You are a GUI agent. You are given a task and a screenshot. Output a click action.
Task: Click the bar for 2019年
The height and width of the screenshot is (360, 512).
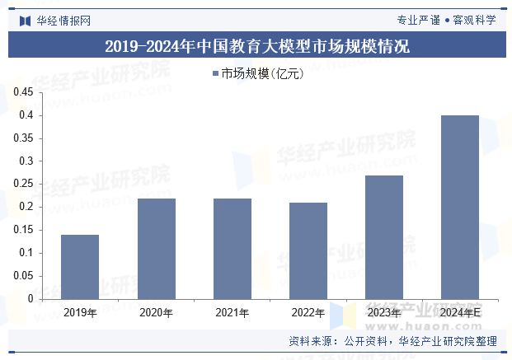click(80, 267)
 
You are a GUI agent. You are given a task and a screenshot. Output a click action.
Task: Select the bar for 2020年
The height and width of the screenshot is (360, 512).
click(156, 249)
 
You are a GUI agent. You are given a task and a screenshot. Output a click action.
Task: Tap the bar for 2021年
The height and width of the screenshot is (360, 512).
click(232, 249)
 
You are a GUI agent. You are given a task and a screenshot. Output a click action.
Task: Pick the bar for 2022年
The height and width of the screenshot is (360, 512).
click(308, 251)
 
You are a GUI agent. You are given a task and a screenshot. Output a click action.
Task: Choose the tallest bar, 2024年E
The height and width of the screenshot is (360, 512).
click(460, 207)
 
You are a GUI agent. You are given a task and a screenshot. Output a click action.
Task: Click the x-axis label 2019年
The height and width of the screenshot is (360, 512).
click(80, 313)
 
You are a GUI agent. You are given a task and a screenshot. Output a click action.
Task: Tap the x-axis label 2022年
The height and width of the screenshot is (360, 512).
click(308, 313)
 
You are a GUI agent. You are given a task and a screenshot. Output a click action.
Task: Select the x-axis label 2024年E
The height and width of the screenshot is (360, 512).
click(460, 313)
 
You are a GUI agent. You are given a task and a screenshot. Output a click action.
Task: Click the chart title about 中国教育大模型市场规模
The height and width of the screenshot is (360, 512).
click(256, 45)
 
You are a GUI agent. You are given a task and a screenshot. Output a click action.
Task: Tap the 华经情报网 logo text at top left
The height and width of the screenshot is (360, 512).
click(63, 20)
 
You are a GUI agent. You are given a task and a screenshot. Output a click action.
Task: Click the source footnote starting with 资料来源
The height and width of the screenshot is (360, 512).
click(392, 340)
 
